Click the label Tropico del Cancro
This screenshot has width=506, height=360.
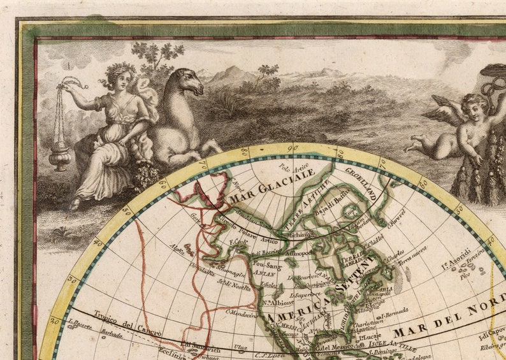(x=118, y=324)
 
